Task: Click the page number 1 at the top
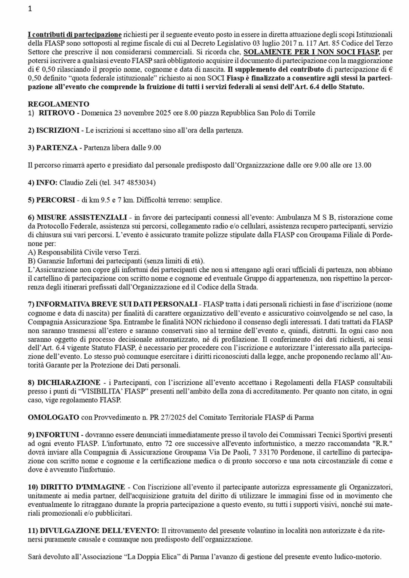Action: coord(30,9)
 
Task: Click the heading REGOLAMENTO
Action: coord(58,104)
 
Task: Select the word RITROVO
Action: coord(56,113)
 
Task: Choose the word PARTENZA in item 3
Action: coord(57,147)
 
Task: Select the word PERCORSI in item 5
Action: coord(56,200)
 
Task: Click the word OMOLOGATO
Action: coord(53,417)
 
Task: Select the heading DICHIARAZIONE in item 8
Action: coord(69,383)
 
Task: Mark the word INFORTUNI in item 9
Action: coord(58,435)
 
